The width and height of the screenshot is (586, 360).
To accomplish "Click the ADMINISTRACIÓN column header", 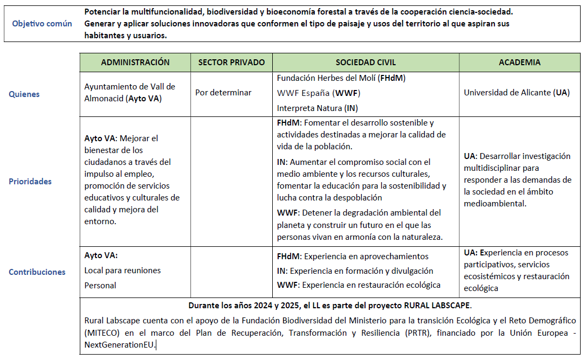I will point(135,63).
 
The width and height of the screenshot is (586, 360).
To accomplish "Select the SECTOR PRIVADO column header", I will point(231,63).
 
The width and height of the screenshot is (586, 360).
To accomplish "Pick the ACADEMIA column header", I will point(520,63).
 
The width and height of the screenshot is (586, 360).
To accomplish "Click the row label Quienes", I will point(24,94).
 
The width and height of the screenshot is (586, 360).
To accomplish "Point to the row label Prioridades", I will point(30,182).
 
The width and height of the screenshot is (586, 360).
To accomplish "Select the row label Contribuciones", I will point(37,272).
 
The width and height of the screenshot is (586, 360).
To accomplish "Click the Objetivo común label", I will point(42,24).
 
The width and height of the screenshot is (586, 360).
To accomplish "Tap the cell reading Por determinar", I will point(223,93).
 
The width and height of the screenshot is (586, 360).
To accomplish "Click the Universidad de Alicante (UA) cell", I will point(516,93).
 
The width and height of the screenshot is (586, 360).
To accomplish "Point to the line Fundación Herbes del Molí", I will point(341,78).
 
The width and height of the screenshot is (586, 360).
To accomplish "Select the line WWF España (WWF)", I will point(319,93).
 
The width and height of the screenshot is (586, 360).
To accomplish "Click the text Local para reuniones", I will point(122,271).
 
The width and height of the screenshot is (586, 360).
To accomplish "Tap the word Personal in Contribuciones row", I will point(100,285).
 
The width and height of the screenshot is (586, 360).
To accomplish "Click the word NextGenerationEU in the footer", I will point(119,344).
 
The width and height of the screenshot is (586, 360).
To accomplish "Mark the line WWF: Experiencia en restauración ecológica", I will point(359,285).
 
